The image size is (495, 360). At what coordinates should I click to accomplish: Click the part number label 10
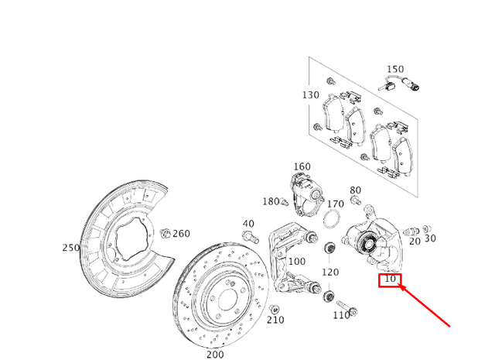[390, 279]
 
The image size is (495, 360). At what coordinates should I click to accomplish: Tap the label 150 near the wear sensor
[395, 70]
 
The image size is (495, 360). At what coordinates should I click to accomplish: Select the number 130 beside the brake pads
[310, 95]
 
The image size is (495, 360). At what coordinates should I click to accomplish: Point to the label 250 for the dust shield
[71, 248]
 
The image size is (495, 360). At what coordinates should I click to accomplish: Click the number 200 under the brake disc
[215, 354]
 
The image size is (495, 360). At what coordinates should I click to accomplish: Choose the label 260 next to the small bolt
[181, 234]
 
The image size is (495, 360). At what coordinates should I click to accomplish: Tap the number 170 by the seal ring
[335, 204]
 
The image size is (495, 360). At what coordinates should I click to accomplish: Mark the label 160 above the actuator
[302, 166]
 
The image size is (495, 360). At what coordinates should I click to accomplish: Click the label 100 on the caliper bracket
[296, 262]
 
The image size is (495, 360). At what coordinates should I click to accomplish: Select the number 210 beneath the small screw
[275, 321]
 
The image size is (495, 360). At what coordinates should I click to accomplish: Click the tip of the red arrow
[399, 286]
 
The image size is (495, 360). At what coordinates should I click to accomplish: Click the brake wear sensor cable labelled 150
[402, 87]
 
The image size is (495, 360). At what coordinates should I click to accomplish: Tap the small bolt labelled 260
[165, 232]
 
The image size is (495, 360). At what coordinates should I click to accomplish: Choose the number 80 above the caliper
[355, 190]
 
